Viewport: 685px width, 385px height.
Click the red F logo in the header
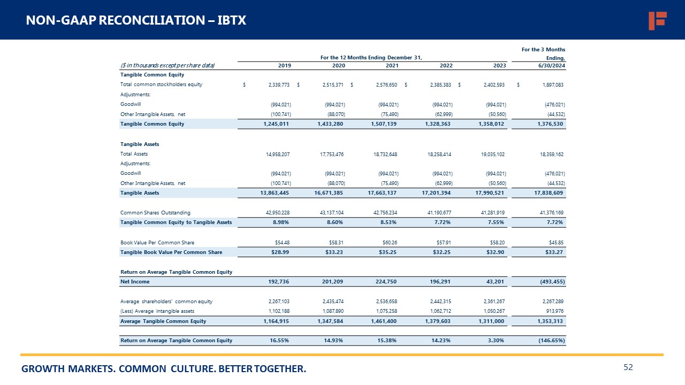(657, 20)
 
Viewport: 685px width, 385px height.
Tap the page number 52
(628, 367)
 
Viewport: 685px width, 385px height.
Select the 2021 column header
(391, 66)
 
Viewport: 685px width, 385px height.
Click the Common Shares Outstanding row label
(155, 213)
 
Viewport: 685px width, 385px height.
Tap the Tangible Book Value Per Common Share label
(171, 252)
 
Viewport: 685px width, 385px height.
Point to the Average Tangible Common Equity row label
(163, 321)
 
